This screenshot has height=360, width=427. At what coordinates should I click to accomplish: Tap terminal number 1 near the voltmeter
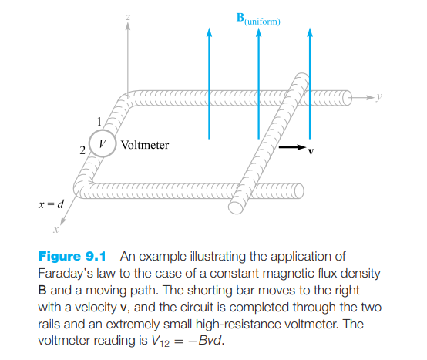[x=98, y=121]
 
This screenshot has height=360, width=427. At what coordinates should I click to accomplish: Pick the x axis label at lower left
[x=55, y=229]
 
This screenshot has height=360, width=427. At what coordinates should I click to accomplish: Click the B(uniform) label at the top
[x=257, y=18]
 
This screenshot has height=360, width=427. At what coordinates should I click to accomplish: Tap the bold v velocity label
[x=311, y=151]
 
